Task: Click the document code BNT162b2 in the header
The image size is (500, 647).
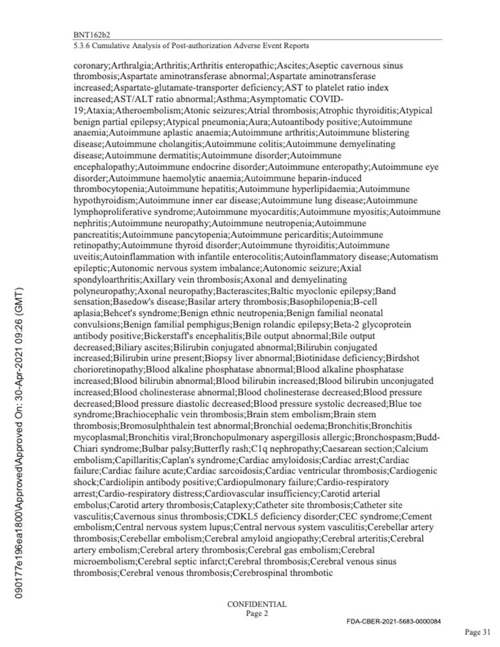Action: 91,35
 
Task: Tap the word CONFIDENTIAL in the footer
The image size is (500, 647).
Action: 257,604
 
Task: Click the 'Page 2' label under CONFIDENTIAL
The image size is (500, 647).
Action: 257,613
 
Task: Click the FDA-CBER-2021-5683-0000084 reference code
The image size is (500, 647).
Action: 393,621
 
